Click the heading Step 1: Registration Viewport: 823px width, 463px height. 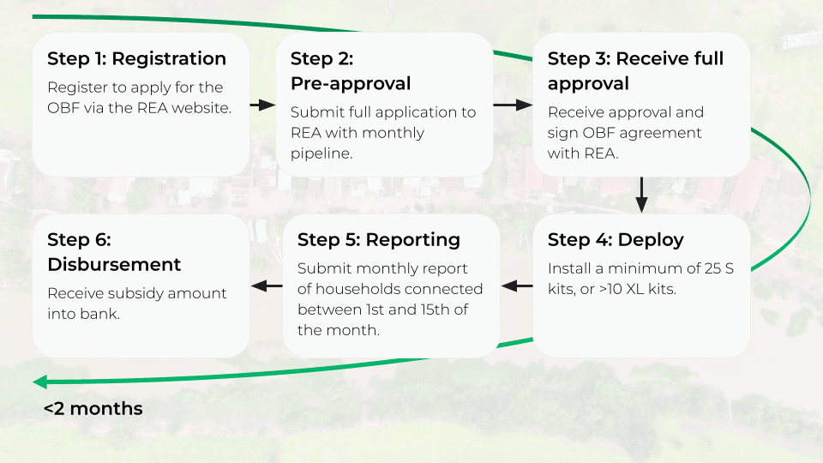coord(136,58)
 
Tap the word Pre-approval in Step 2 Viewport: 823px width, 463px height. coord(351,83)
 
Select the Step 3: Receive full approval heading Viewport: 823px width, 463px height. coord(635,70)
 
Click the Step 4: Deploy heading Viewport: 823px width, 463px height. coord(616,239)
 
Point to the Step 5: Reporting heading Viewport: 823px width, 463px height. coord(378,239)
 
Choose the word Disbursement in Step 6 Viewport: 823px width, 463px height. coord(114,264)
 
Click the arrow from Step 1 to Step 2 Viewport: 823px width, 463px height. coord(262,105)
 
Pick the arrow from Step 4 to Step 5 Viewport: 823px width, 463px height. coord(516,286)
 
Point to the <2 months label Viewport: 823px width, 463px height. coord(93,408)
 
